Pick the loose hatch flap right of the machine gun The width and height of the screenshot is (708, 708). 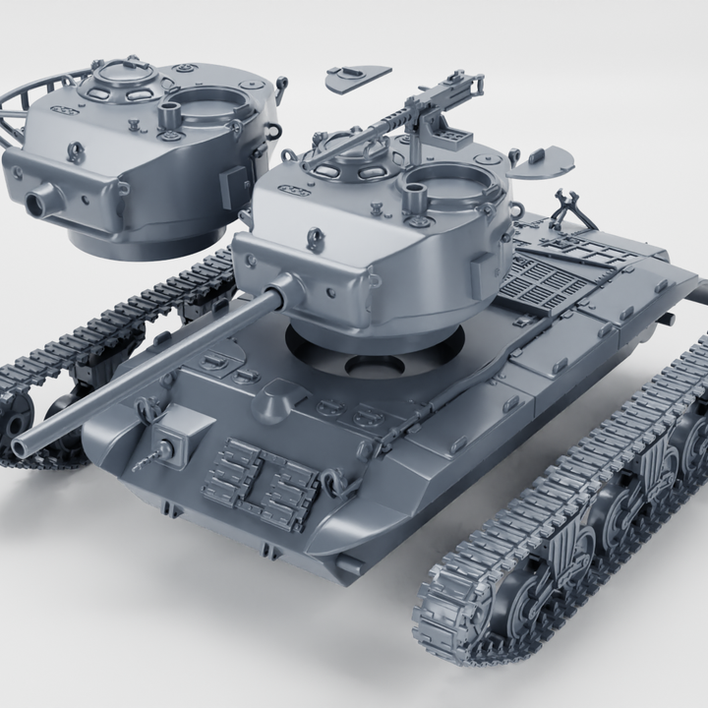pyautogui.click(x=551, y=158)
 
